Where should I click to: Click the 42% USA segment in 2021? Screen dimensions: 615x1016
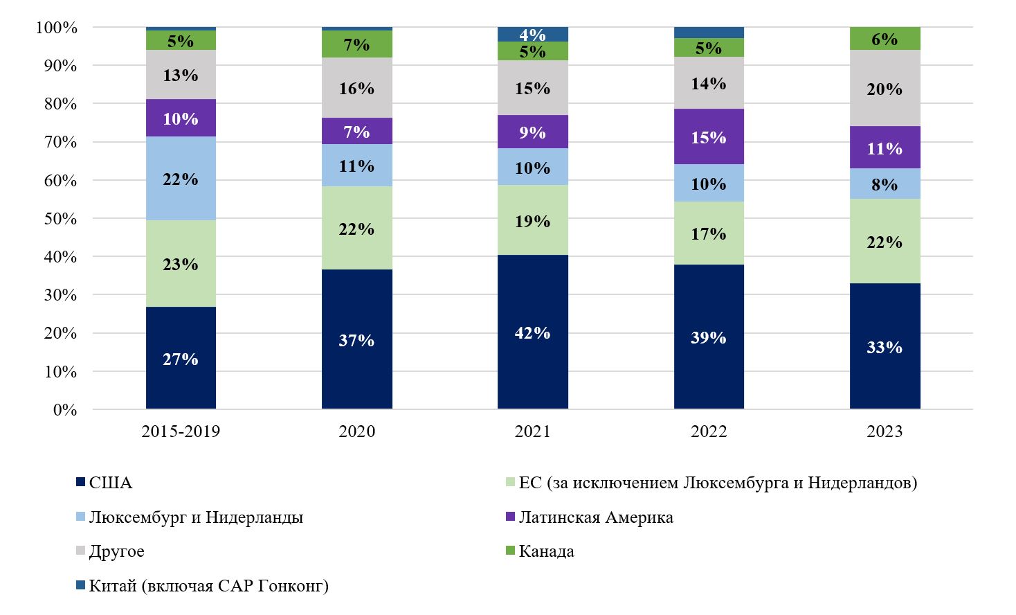tap(532, 332)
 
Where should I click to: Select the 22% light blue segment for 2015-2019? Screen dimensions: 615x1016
tap(181, 179)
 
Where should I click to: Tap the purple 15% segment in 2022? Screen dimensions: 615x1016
tap(709, 137)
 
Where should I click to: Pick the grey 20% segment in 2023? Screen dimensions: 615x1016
tap(885, 89)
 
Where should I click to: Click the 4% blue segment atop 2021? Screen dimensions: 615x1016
tap(532, 34)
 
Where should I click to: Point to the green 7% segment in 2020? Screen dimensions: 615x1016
tap(356, 44)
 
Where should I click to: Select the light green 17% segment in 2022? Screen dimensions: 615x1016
tap(709, 233)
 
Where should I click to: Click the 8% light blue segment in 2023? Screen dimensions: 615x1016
tap(885, 184)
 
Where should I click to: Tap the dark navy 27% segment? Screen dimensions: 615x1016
tap(181, 358)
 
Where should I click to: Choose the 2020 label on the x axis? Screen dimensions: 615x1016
tap(356, 431)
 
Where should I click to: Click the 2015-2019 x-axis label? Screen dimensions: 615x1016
tap(181, 431)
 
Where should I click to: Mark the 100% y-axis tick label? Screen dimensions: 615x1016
tap(57, 28)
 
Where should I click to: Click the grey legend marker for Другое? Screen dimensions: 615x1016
tap(80, 551)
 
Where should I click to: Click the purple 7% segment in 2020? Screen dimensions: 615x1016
tap(356, 132)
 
